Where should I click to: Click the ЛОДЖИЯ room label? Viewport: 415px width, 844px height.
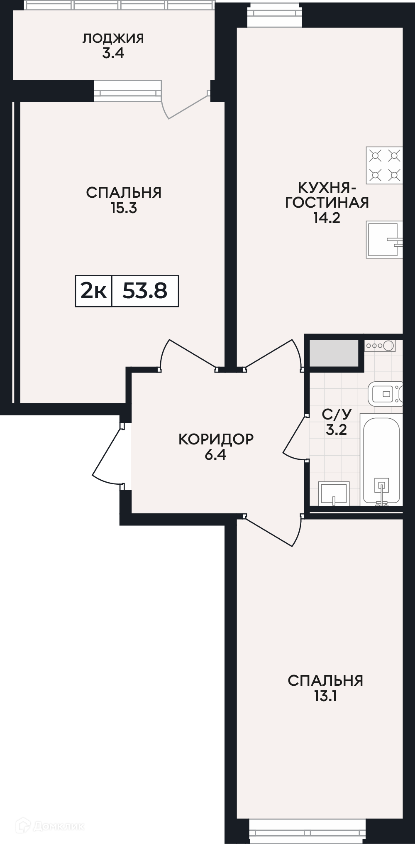pyautogui.click(x=113, y=39)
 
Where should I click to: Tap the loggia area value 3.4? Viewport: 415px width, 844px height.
pyautogui.click(x=113, y=54)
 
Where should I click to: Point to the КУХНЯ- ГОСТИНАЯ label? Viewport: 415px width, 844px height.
pyautogui.click(x=327, y=195)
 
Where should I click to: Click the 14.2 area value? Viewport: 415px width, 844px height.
pyautogui.click(x=327, y=218)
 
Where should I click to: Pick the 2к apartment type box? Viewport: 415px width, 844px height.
pyautogui.click(x=94, y=291)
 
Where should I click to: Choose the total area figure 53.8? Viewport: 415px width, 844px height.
pyautogui.click(x=145, y=291)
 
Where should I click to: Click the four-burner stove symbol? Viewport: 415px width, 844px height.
pyautogui.click(x=384, y=165)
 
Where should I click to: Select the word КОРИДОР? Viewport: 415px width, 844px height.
pyautogui.click(x=216, y=439)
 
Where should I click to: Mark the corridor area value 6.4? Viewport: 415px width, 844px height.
pyautogui.click(x=215, y=454)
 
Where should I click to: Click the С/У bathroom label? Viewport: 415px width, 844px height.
pyautogui.click(x=337, y=414)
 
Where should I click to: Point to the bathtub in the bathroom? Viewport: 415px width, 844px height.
pyautogui.click(x=381, y=459)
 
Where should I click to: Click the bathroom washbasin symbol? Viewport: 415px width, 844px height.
pyautogui.click(x=334, y=493)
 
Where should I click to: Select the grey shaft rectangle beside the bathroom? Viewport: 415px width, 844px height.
pyautogui.click(x=334, y=353)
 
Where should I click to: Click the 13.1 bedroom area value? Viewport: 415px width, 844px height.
pyautogui.click(x=325, y=696)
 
